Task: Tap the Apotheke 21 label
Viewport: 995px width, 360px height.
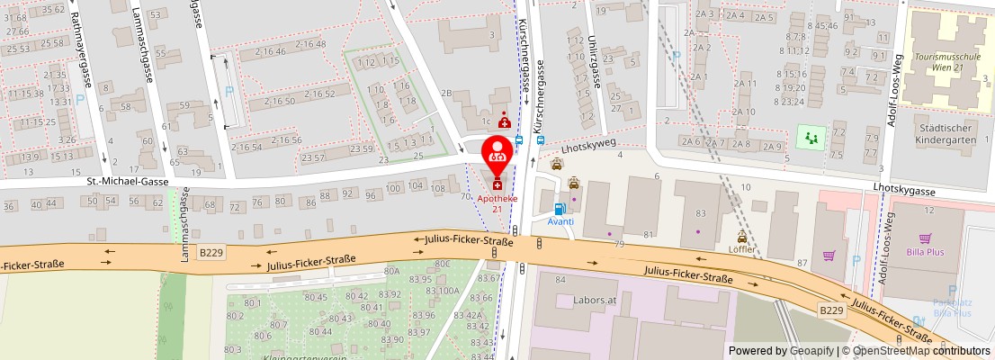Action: point(497,203)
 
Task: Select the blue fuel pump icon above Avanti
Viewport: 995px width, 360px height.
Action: point(560,209)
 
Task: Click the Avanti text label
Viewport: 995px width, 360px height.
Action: point(560,220)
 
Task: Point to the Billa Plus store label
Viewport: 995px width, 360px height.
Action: point(925,252)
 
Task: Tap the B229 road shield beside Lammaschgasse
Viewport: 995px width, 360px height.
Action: point(211,253)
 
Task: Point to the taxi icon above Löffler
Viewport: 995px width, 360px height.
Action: point(741,236)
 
